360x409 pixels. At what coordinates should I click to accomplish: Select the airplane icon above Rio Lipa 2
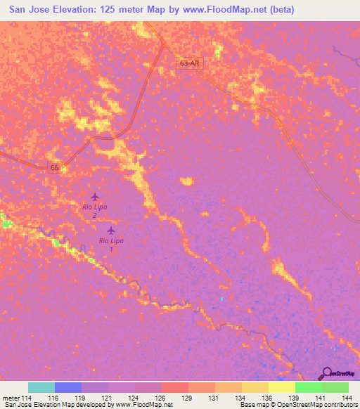(x=95, y=197)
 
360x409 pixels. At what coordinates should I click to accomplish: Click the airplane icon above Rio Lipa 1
(x=110, y=230)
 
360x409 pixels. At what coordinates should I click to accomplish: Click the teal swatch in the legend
(x=41, y=387)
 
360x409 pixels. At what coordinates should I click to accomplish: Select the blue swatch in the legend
(x=68, y=387)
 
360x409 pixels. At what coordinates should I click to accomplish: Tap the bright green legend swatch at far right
(x=335, y=387)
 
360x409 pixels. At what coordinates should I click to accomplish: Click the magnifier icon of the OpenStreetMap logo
(x=326, y=373)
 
